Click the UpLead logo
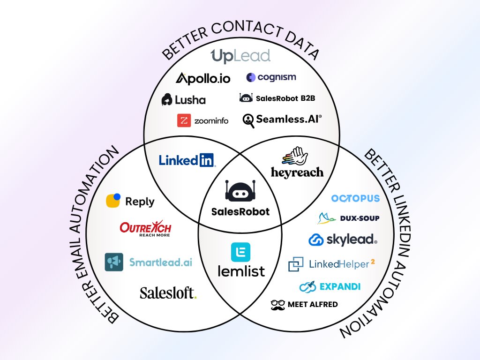coord(240,56)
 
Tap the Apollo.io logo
coord(203,78)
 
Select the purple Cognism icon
coord(251,77)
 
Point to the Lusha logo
coord(183,99)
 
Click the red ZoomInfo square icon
coord(184,120)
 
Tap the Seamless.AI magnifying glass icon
coord(248,120)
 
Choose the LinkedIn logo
coord(187,160)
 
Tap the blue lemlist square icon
coord(240,252)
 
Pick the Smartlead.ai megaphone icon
coord(114,262)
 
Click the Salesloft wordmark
coord(168,293)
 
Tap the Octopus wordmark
coord(355,198)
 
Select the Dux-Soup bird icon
coord(327,218)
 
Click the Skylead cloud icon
coord(316,240)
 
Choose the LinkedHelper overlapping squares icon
coord(296,264)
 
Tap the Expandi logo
coord(330,286)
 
